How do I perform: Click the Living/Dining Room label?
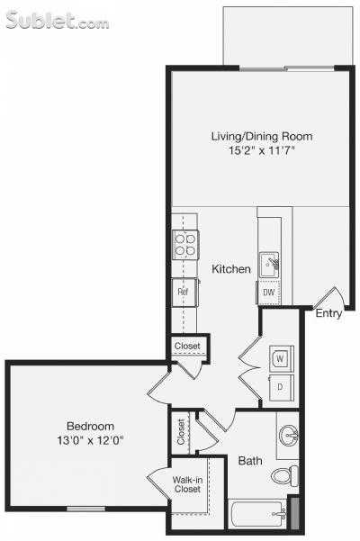[x=261, y=136]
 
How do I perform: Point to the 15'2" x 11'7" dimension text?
[x=261, y=151]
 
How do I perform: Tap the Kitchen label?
[x=231, y=269]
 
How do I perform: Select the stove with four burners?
[x=185, y=245]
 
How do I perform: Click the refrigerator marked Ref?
[x=183, y=292]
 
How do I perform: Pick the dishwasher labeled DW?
[x=268, y=293]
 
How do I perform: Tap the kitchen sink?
[x=270, y=264]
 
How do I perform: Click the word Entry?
[x=328, y=313]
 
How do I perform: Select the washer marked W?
[x=280, y=357]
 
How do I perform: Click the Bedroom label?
[x=90, y=426]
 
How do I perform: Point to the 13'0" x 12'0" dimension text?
[x=90, y=441]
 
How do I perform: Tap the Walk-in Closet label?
[x=188, y=484]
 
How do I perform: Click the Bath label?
[x=250, y=461]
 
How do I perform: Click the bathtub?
[x=256, y=516]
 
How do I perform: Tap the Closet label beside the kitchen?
[x=187, y=345]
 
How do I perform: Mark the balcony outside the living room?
[x=287, y=36]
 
